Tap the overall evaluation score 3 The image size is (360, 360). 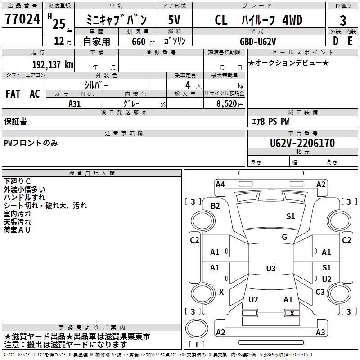343,20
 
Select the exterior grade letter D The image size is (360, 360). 335,41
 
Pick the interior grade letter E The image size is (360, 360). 350,41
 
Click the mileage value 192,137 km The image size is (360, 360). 53,64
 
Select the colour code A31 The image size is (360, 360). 75,103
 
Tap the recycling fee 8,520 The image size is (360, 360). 227,103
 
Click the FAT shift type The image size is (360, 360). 13,94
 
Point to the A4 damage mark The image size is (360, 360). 220,184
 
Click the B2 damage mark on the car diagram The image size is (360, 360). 216,206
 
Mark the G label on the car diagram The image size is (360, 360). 284,237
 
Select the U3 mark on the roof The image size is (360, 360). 270,269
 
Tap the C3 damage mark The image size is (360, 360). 320,292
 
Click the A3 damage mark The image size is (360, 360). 320,333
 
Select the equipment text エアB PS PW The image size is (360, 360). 270,121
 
